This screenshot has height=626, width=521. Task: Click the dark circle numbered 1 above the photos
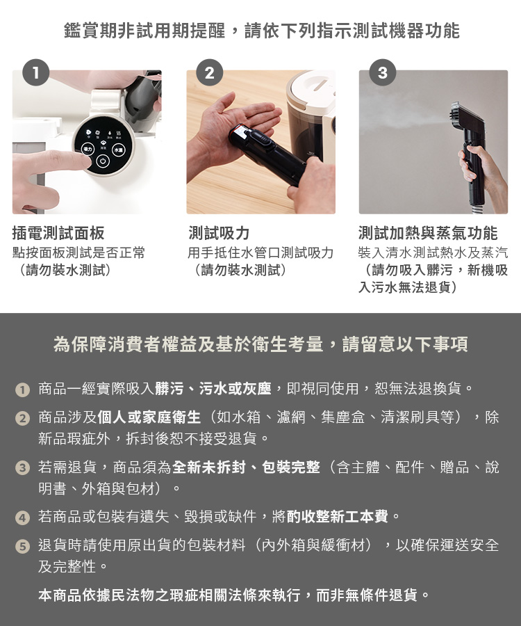point(36,72)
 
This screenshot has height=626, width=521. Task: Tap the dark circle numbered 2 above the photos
point(210,72)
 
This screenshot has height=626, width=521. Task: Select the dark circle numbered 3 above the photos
point(382,72)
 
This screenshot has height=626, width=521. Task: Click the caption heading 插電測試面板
point(58,233)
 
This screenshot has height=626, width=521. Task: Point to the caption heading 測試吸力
point(219,233)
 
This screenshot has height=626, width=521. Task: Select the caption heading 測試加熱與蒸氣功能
point(428,233)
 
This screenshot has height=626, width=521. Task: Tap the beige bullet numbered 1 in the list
point(22,390)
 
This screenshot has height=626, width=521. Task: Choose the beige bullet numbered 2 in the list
point(22,419)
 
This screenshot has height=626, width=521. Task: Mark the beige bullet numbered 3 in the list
point(22,467)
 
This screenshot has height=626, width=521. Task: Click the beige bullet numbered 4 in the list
point(22,517)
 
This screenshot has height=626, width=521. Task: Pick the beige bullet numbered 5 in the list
point(22,546)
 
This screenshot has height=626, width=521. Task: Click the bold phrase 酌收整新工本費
point(337,517)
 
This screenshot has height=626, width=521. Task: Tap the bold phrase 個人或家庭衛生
point(149,417)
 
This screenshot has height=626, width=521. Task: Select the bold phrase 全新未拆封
point(209,467)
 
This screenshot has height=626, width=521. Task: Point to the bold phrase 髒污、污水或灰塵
point(213,388)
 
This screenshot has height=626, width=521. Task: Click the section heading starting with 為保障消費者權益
point(260,344)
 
